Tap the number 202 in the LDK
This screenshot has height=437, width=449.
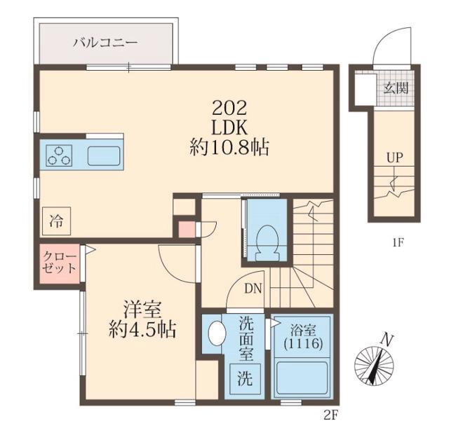pos(229,109)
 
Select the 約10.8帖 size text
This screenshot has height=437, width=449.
pos(230,148)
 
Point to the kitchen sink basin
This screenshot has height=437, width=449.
pos(102,155)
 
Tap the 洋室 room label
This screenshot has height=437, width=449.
pos(140,309)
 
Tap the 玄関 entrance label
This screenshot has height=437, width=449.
pos(395,90)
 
